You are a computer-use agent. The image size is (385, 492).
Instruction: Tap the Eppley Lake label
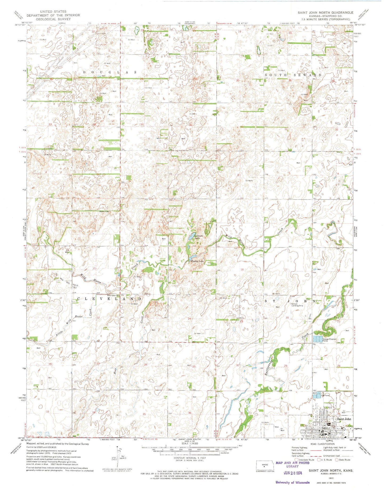[197, 261]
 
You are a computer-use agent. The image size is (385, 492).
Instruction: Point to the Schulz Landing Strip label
[297, 305]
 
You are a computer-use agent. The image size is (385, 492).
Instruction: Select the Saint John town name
[344, 419]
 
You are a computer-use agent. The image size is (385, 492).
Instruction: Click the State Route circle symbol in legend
[337, 460]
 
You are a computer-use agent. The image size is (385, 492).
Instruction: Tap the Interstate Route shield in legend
[296, 460]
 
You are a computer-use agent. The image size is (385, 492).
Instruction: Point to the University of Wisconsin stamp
[293, 482]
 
